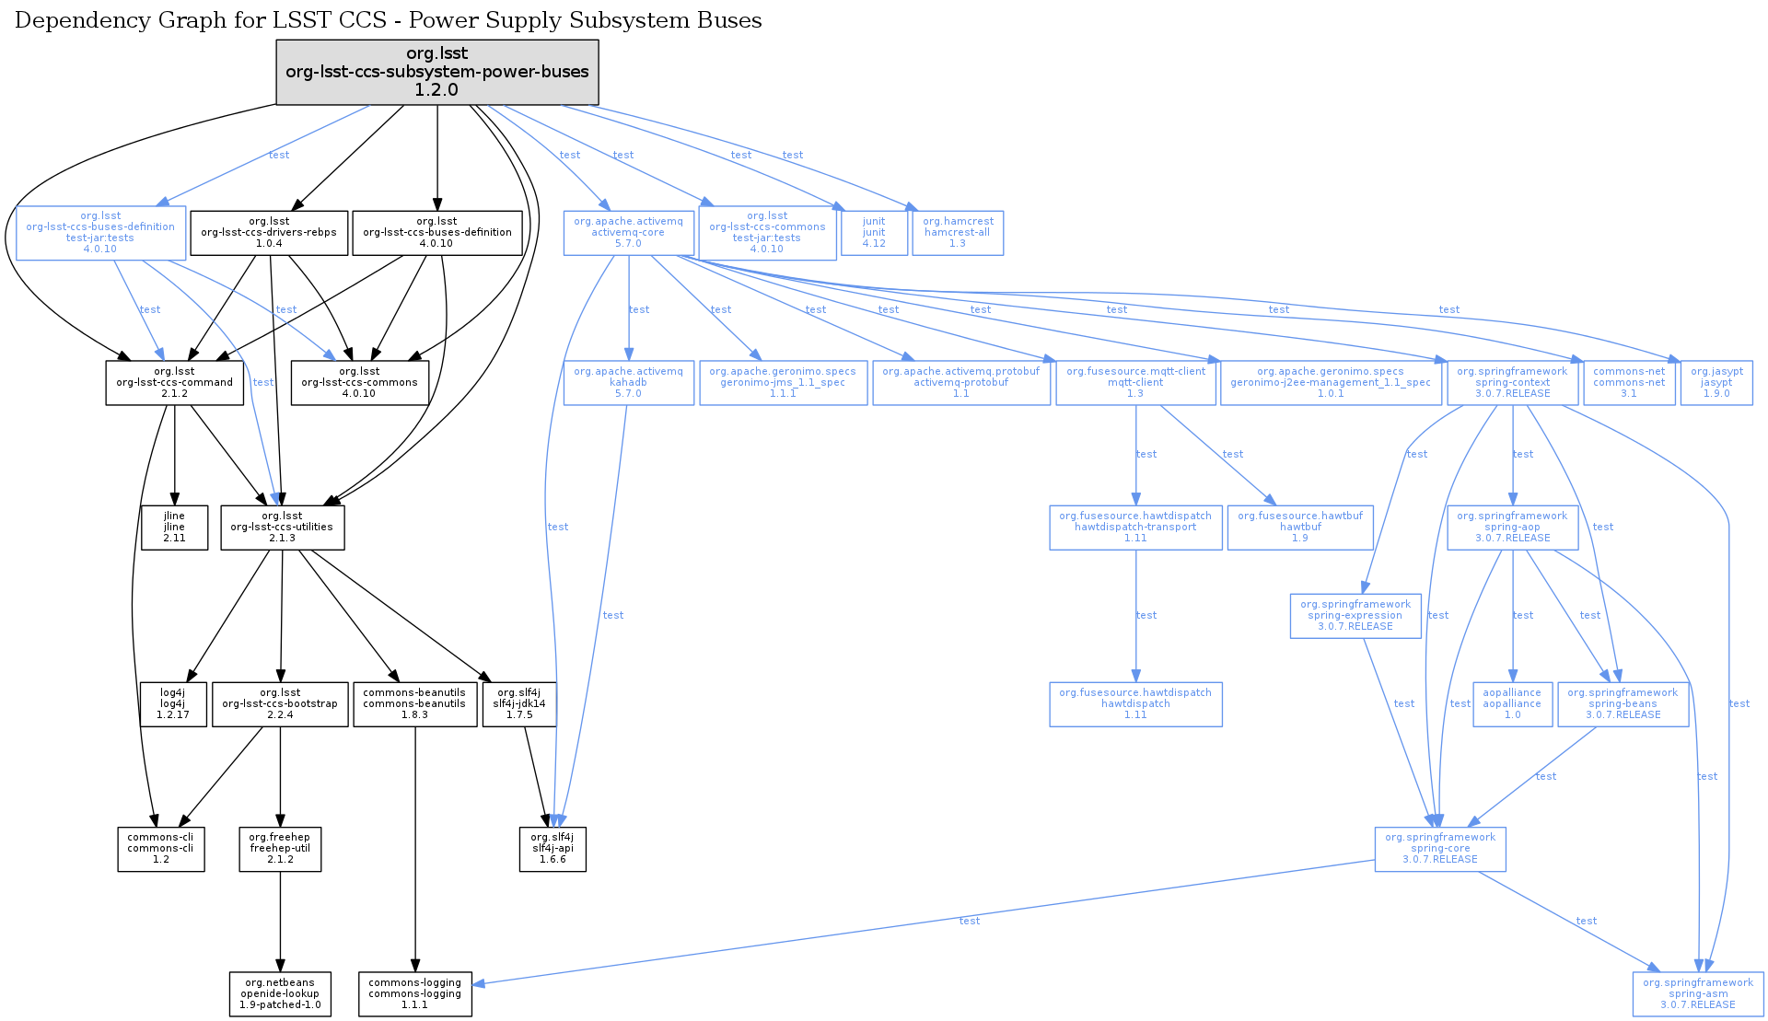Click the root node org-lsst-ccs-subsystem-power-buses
coord(437,72)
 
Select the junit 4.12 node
coord(874,233)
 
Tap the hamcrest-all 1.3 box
coord(958,233)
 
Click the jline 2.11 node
coord(174,528)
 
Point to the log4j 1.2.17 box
coord(173,704)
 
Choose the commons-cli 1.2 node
coord(161,849)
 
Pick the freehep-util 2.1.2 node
coord(280,849)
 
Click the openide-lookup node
coord(280,994)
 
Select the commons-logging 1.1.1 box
coord(415,994)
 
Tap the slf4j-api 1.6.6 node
coord(552,849)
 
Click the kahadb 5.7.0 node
coord(628,383)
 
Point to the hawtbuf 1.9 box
coord(1300,528)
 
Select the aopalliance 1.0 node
coord(1512,704)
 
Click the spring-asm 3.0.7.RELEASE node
coord(1698,994)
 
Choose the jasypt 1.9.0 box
coord(1716,383)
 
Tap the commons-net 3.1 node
coord(1629,383)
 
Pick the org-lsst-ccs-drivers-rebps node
coord(269,233)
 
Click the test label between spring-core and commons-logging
coord(969,921)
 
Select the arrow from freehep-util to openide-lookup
coord(280,921)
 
